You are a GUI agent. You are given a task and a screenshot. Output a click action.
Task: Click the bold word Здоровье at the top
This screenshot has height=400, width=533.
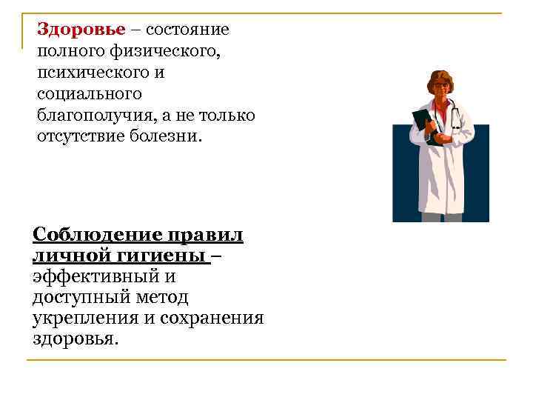coord(72,30)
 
